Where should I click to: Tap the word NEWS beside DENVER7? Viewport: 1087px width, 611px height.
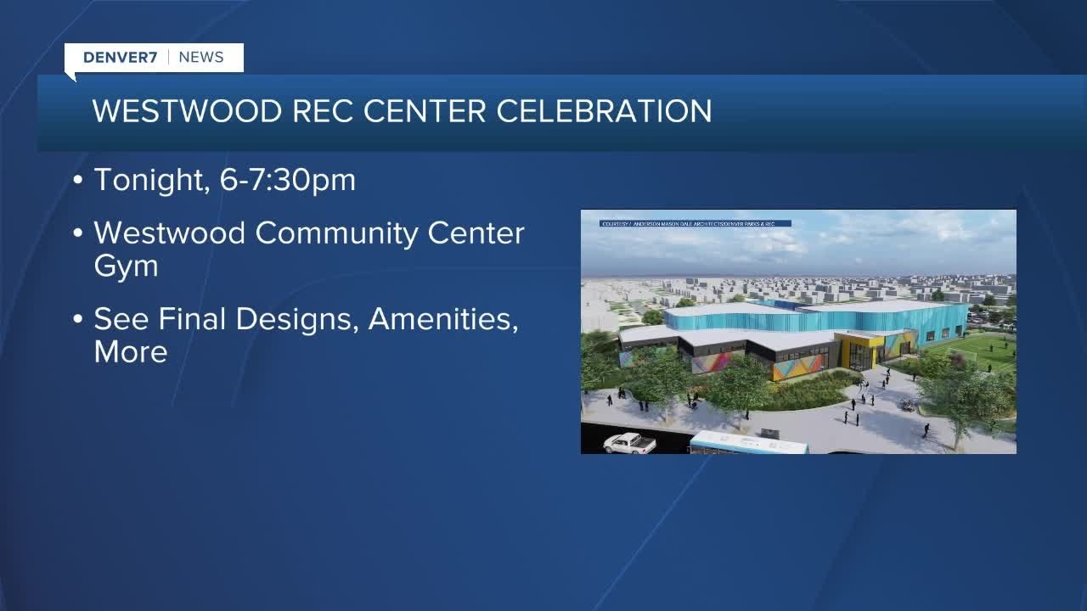coord(201,58)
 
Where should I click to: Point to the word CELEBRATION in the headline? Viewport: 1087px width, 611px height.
coord(605,111)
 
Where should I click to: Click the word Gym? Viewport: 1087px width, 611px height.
coord(126,266)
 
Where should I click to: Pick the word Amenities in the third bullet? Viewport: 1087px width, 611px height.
coord(442,319)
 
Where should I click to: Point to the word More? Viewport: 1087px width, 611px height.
coord(130,352)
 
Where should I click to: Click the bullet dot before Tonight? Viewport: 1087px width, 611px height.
coord(79,181)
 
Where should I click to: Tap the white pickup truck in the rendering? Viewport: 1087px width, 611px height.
coord(629,442)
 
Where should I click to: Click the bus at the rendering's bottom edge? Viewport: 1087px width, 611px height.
coord(747,442)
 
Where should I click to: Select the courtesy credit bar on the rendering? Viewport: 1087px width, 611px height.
coord(695,224)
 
